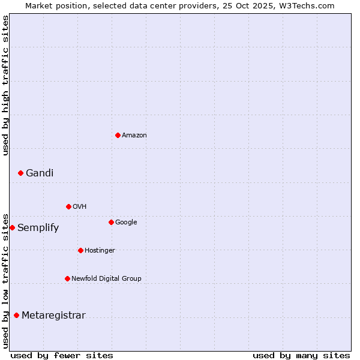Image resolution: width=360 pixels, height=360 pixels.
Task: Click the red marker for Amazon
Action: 118,135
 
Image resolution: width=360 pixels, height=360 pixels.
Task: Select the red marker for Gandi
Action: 20,173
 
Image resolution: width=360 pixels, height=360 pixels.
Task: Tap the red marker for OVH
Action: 68,206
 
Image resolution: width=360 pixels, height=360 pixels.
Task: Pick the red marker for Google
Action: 111,222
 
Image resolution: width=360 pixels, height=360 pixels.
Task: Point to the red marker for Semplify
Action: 12,227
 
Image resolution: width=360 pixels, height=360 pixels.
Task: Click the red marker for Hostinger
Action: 80,250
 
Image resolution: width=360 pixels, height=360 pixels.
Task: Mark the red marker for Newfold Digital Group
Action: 67,278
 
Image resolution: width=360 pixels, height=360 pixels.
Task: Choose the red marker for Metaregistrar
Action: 16,315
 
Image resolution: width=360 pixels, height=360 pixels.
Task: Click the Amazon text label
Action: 134,136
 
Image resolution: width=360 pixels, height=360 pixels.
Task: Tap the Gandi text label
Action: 40,173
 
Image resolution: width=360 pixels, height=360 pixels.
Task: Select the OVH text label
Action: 80,207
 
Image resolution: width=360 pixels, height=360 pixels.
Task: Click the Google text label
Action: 126,223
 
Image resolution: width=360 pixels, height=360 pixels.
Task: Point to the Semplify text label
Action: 38,228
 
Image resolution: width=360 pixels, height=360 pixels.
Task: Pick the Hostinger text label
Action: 100,251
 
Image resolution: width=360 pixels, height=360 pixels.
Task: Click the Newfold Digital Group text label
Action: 106,279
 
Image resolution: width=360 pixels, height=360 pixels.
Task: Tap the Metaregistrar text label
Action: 53,316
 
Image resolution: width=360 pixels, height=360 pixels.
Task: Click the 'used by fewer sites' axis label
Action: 62,355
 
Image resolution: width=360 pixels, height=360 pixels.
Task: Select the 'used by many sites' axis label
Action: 301,355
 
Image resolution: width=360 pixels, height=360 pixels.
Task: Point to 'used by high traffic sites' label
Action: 5,85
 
